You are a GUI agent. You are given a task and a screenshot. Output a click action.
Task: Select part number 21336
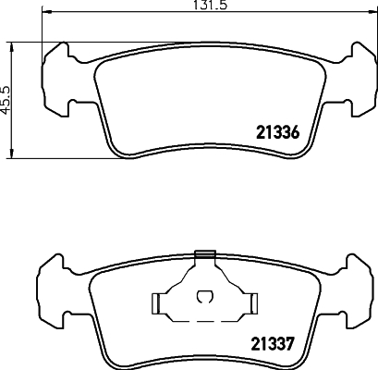(x=274, y=133)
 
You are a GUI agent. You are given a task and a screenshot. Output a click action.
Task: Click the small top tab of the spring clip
(x=205, y=253)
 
